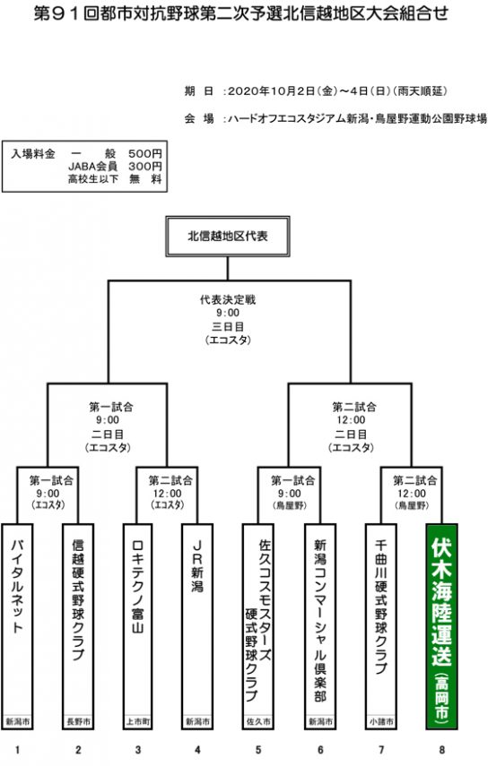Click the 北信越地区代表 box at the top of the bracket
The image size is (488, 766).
(x=227, y=237)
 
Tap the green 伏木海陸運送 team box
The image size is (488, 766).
(x=441, y=626)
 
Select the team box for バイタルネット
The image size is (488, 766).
(x=17, y=626)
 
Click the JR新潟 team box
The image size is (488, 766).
(x=197, y=626)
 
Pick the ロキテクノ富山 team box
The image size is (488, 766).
(x=137, y=626)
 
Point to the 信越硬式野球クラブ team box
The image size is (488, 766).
(x=78, y=626)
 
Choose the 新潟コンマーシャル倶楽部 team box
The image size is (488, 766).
(x=319, y=626)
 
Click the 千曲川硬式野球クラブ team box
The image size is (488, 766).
(x=381, y=626)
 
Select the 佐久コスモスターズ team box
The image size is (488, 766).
(x=257, y=626)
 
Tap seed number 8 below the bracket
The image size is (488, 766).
(x=442, y=750)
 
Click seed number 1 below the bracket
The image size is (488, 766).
(x=17, y=750)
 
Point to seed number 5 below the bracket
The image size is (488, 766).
(x=258, y=750)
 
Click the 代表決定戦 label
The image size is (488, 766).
(x=228, y=299)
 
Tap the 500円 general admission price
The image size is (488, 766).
(x=145, y=154)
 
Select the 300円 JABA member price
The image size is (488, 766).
(x=145, y=167)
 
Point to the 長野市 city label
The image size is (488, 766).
(x=78, y=721)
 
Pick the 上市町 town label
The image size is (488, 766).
(x=138, y=721)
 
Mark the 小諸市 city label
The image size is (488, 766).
(x=381, y=721)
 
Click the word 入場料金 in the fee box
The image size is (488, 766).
(x=33, y=154)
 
